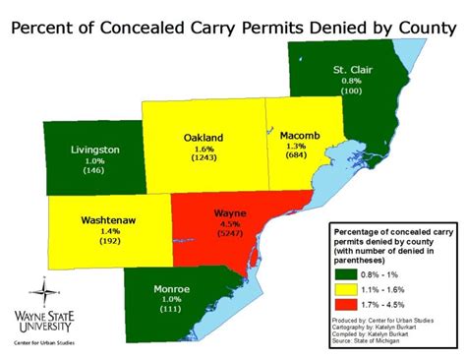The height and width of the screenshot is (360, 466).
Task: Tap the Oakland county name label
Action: pyautogui.click(x=204, y=138)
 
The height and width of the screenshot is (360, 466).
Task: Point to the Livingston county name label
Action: pyautogui.click(x=95, y=150)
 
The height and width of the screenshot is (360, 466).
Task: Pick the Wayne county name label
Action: pyautogui.click(x=230, y=212)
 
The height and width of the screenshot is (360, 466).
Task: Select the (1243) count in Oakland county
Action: pyautogui.click(x=204, y=160)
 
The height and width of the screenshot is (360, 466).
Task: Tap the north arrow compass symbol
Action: pyautogui.click(x=41, y=292)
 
